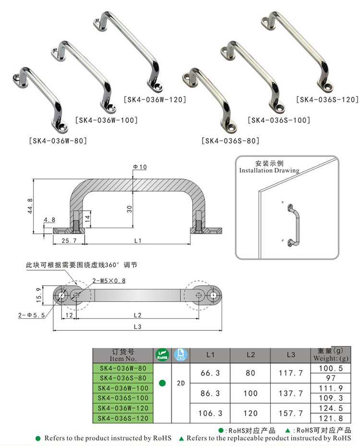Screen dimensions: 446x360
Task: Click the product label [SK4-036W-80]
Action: point(58,141)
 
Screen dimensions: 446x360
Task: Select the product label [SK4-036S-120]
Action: point(327,100)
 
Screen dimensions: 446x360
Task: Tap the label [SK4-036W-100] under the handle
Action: point(106,120)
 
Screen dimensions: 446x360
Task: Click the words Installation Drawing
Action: point(269,170)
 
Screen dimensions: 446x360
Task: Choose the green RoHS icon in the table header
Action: point(162,355)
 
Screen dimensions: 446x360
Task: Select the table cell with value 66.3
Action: point(210,373)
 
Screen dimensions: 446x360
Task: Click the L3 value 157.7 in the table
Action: point(290,413)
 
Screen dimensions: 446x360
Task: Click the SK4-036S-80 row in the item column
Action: point(122,378)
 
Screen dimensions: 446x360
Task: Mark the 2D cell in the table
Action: point(181,383)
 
